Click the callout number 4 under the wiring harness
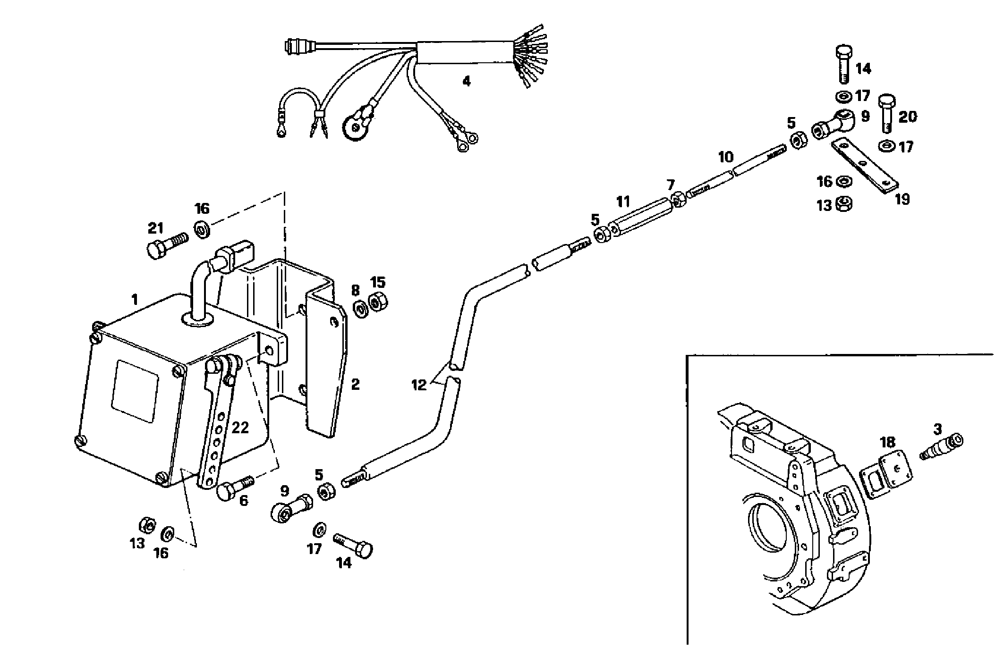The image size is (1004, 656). point(466,82)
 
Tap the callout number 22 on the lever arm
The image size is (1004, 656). point(240,428)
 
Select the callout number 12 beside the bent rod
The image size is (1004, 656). point(419,385)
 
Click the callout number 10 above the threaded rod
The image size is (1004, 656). point(726,157)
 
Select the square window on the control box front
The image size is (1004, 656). point(135,391)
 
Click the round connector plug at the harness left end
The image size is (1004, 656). point(296,47)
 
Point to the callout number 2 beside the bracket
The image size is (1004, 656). point(355,384)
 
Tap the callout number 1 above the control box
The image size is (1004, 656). point(135,300)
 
